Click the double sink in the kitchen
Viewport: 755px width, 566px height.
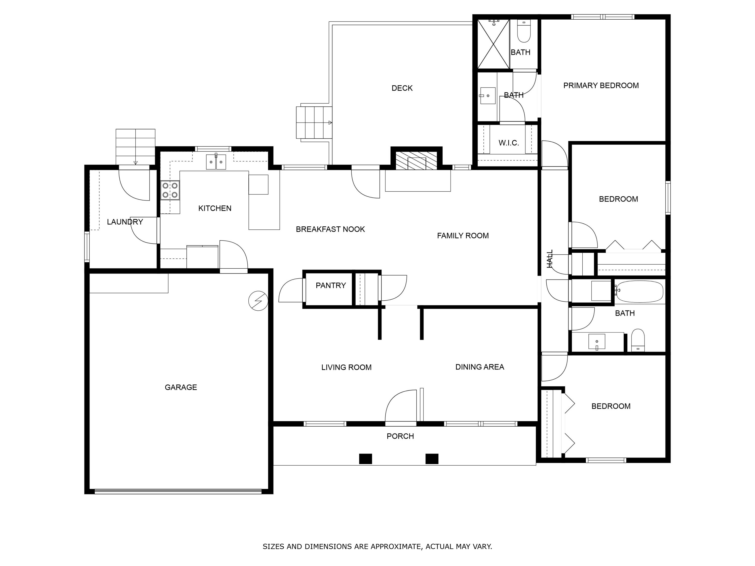pyautogui.click(x=216, y=162)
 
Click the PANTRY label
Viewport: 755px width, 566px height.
pyautogui.click(x=330, y=285)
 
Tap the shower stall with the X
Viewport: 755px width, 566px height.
pyautogui.click(x=493, y=44)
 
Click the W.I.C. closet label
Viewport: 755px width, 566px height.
pyautogui.click(x=509, y=143)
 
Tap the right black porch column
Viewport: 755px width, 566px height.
pyautogui.click(x=432, y=459)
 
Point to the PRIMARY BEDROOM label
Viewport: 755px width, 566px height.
pyautogui.click(x=601, y=86)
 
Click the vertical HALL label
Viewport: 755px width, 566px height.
pyautogui.click(x=550, y=259)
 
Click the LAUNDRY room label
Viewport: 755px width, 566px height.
pyautogui.click(x=125, y=222)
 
